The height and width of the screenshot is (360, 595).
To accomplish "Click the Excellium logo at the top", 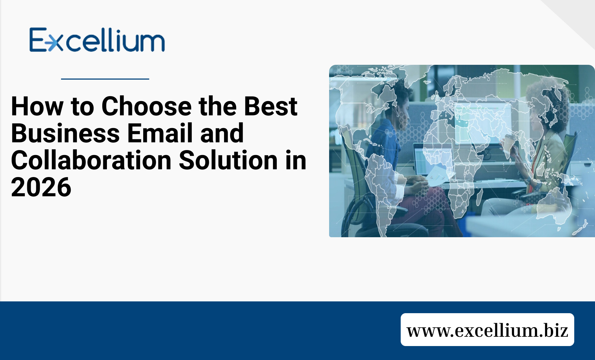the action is point(97,40).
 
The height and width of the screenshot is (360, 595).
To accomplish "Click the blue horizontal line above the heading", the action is point(105,79).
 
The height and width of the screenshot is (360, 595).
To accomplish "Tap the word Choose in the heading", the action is point(147,106).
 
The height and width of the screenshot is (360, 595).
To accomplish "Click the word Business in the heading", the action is point(65,133).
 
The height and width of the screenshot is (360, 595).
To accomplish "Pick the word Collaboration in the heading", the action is point(91,160).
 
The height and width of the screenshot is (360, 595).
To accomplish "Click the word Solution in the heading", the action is point(228,160).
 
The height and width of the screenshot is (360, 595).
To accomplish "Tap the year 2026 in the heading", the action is point(41,187).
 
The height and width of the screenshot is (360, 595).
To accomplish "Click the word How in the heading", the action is point(37,106).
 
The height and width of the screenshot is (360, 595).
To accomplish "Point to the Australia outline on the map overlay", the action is point(555,205).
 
